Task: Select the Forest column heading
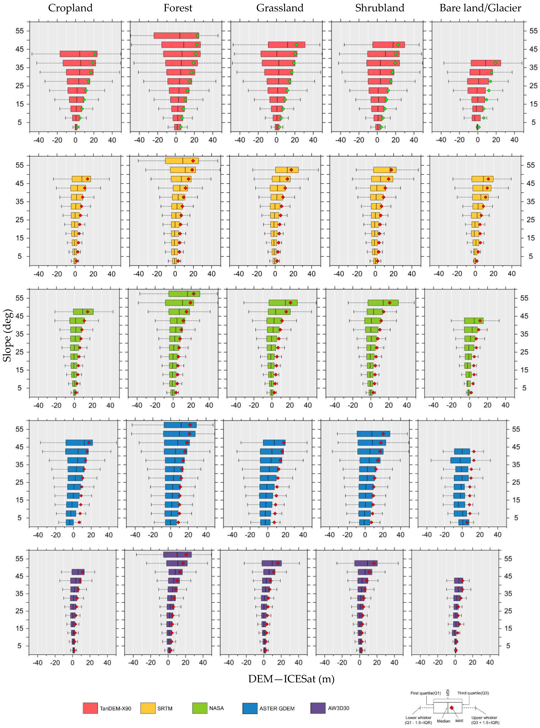coord(178,8)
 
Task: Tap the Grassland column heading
coord(280,8)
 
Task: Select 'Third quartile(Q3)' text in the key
coord(473,693)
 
